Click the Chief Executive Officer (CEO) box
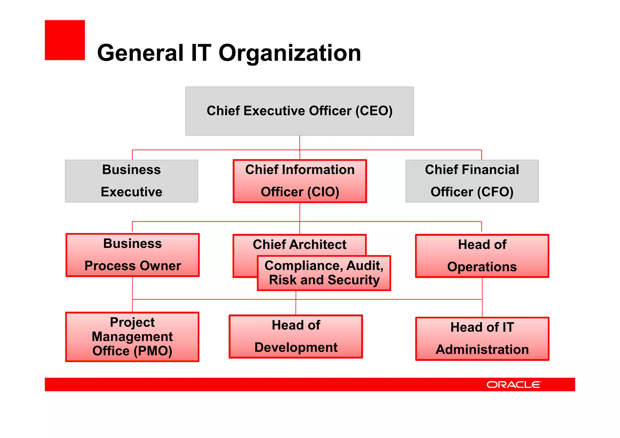pos(299,111)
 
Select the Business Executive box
pos(131,181)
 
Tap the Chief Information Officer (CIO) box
pos(300,181)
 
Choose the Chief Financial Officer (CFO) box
pos(472,181)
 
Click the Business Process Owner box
pos(133,255)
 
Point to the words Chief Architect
pos(299,245)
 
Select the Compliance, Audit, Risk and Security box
pos(324,273)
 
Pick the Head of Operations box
pos(482,256)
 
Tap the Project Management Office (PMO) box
pos(132,337)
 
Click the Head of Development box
pos(296,336)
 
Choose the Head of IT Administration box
pos(482,338)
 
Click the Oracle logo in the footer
pos(513,384)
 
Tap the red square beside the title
pos(65,40)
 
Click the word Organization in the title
pos(290,53)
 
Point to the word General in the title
pos(140,53)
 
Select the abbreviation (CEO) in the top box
pos(374,111)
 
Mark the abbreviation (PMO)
pos(153,351)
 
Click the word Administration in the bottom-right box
pos(482,350)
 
